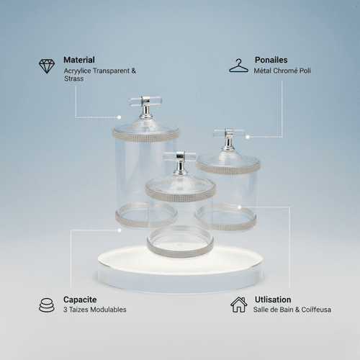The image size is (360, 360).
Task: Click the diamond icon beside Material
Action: [x=47, y=66]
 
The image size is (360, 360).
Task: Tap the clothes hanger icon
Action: [x=238, y=66]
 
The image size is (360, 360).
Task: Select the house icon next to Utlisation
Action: [x=239, y=305]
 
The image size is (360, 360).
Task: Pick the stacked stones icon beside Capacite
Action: [x=47, y=305]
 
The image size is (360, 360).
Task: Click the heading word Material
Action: [x=79, y=60]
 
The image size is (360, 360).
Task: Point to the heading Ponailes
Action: [x=271, y=60]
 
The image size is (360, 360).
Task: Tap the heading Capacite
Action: [x=80, y=300]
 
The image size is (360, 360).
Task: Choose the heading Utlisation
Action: [x=273, y=300]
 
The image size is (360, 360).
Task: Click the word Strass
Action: [x=74, y=78]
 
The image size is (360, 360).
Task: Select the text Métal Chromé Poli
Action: [x=282, y=71]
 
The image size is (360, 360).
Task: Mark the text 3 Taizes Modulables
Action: [x=95, y=310]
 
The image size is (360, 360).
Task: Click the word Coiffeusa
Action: [x=316, y=310]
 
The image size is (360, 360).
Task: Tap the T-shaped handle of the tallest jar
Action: [x=145, y=107]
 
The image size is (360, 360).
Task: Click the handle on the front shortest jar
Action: [x=180, y=162]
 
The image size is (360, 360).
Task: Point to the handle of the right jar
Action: [x=229, y=139]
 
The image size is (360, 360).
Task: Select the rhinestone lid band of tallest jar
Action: [x=146, y=135]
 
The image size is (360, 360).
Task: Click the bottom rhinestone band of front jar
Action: [x=180, y=251]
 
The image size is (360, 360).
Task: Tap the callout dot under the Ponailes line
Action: [x=248, y=137]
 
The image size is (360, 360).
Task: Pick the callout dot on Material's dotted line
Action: [x=120, y=117]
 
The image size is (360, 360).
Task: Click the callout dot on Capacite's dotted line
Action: [x=120, y=230]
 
